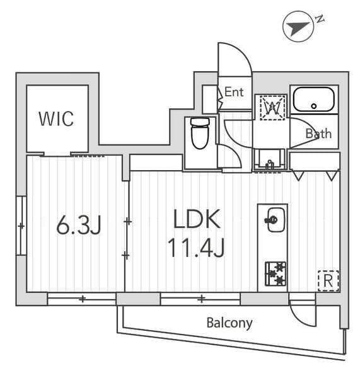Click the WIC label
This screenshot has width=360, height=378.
[56, 118]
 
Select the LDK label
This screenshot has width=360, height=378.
[197, 220]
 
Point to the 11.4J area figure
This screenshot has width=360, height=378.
[196, 248]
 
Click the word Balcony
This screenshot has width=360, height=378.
[229, 323]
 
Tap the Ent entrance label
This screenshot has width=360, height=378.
[234, 92]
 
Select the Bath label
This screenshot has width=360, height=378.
[318, 134]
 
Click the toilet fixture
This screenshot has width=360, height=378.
[200, 133]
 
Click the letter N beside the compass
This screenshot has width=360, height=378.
[320, 19]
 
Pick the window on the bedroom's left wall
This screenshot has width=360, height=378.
[21, 226]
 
